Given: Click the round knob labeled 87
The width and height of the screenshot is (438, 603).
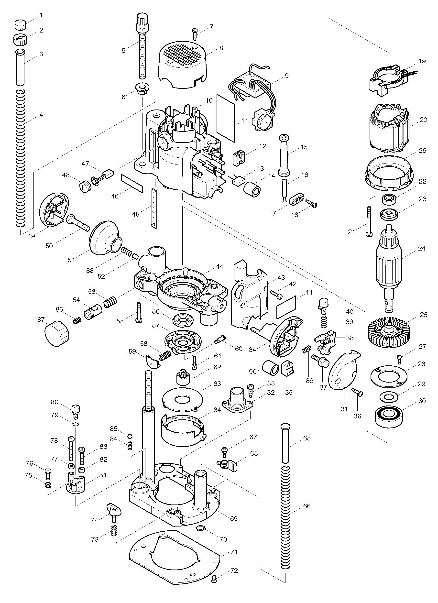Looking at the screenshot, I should click(56, 333).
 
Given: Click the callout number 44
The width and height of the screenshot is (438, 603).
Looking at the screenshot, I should click(220, 266).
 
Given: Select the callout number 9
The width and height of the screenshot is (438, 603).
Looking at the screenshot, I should click(286, 76).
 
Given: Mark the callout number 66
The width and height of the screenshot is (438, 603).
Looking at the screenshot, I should click(307, 506).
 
